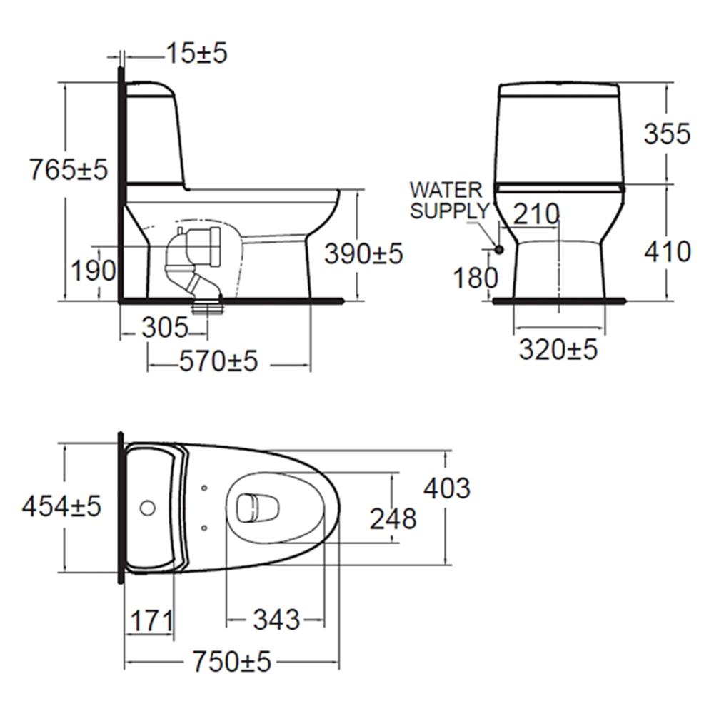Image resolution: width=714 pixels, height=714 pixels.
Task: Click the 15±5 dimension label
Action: pyautogui.click(x=196, y=53)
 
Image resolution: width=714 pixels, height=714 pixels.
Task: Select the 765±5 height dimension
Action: pyautogui.click(x=68, y=170)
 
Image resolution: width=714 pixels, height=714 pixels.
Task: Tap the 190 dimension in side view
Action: pyautogui.click(x=92, y=271)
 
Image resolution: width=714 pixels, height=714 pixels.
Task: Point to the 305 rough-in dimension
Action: pyautogui.click(x=164, y=328)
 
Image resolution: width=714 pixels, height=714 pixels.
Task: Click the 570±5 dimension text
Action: pyautogui.click(x=218, y=362)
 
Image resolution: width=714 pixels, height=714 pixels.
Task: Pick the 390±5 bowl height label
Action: pyautogui.click(x=363, y=253)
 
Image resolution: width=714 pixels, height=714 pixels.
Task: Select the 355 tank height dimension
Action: pyautogui.click(x=667, y=134)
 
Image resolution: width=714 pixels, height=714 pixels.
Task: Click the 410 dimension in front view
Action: pyautogui.click(x=667, y=251)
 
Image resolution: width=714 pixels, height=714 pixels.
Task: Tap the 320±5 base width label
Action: pyautogui.click(x=558, y=350)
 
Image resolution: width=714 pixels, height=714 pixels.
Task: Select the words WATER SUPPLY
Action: pyautogui.click(x=448, y=201)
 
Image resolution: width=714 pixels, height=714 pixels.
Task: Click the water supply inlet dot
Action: pyautogui.click(x=498, y=249)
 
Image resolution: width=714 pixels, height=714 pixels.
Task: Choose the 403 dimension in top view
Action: pyautogui.click(x=447, y=488)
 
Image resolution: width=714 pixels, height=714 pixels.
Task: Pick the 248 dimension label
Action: pyautogui.click(x=393, y=519)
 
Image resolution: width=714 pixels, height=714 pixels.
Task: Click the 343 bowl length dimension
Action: pyautogui.click(x=276, y=620)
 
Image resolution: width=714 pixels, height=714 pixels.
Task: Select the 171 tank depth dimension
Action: pyautogui.click(x=150, y=620)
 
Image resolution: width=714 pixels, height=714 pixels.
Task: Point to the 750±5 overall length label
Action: pyautogui.click(x=231, y=663)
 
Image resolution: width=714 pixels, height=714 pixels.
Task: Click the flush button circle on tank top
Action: pyautogui.click(x=147, y=508)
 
